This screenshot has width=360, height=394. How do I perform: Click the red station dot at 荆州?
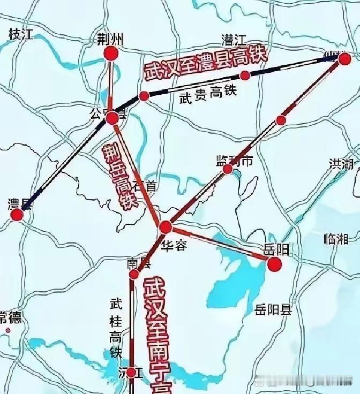(x=111, y=53)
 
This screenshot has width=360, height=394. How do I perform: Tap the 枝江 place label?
(x=21, y=35)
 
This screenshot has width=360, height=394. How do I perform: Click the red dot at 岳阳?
(x=274, y=264)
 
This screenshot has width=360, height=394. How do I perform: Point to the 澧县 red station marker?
(x=17, y=215)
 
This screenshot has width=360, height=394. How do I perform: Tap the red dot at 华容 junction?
(x=166, y=228)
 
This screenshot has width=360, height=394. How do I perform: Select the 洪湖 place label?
(x=342, y=164)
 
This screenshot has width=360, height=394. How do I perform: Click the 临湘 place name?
(x=336, y=239)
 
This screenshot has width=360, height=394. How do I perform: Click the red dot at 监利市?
(x=228, y=169)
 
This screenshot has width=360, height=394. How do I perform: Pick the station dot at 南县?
(x=134, y=275)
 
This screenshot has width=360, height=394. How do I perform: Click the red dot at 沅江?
(x=132, y=372)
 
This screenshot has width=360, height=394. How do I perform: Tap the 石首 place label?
(x=146, y=186)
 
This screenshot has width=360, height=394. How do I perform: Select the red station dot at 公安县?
(x=112, y=118)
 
